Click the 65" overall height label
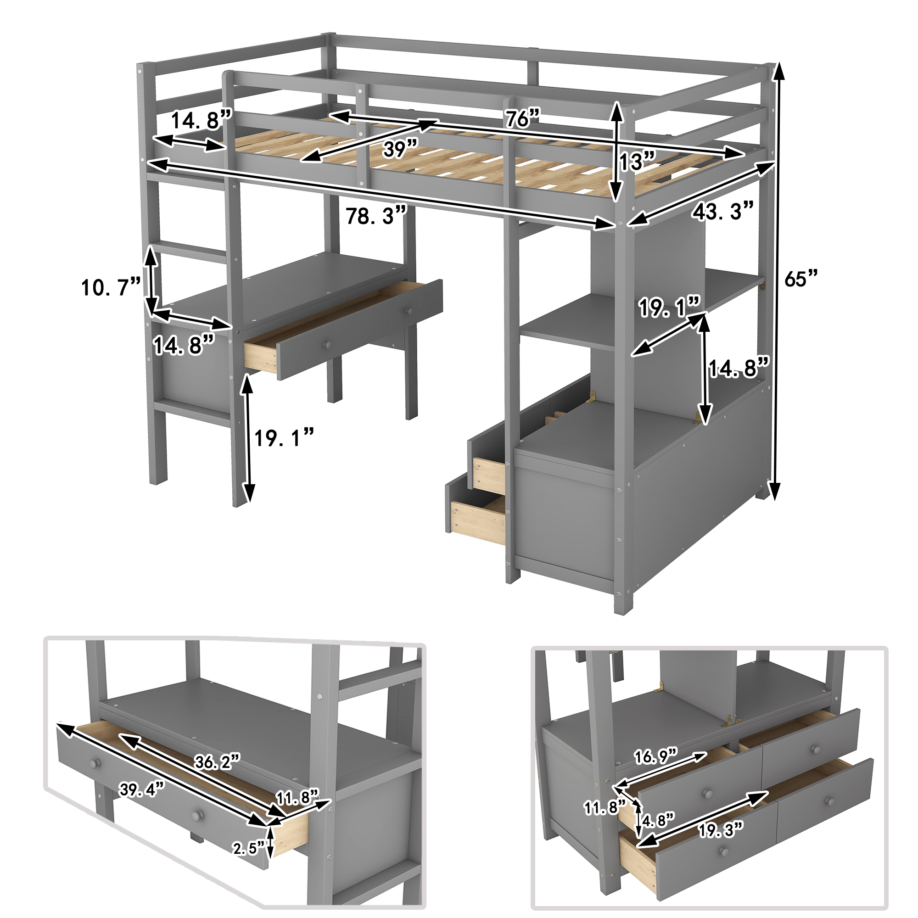point(801,279)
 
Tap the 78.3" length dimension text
point(376,216)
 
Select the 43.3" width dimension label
point(722,212)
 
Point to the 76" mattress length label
point(522,118)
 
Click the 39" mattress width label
point(400,149)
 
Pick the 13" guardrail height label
point(637,162)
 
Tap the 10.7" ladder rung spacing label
point(111,287)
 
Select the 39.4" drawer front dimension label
point(141,789)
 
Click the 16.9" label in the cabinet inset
point(656,756)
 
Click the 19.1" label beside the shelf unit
point(669,308)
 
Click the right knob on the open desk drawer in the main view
point(408,310)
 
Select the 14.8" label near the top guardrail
point(201,120)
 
